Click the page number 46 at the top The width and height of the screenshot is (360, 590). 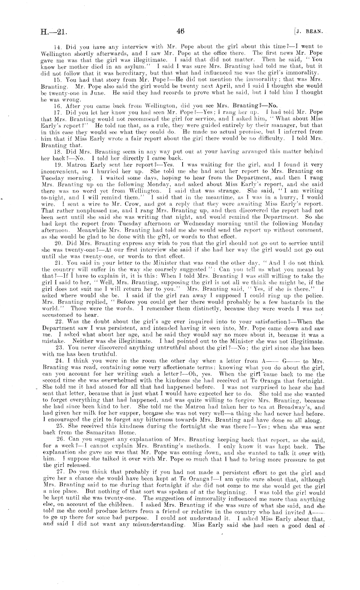pos(180,31)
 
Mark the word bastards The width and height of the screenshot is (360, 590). pos(299,302)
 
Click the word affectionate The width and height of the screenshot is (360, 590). pos(168,368)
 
